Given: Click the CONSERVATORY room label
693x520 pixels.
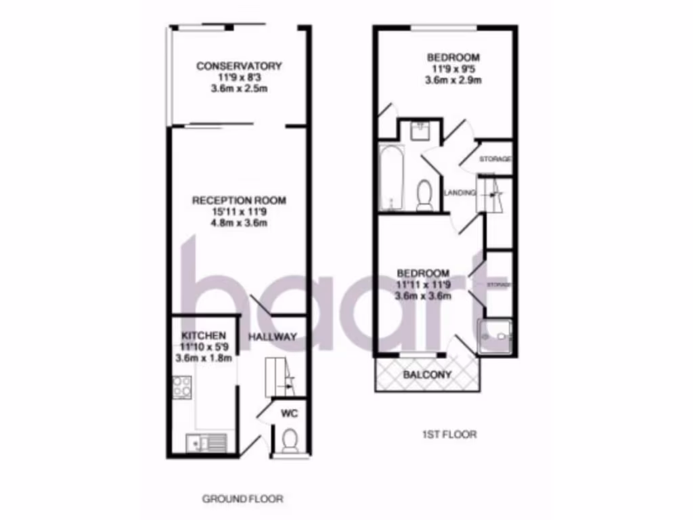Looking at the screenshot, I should coord(239,66).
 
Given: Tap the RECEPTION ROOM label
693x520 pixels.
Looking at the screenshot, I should coord(239,200).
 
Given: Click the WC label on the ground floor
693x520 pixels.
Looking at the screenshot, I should coord(290,412).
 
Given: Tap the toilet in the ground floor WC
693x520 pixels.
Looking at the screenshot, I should coord(290,440).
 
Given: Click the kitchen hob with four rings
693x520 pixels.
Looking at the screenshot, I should coord(182,388).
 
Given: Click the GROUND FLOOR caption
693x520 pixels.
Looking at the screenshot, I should coord(242,499).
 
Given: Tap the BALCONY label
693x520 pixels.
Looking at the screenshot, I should coord(427,374).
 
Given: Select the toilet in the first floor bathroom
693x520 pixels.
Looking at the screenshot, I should coord(425,194).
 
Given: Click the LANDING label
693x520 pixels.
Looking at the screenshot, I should coord(460,193).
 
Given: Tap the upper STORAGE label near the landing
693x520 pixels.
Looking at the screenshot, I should coord(495,159).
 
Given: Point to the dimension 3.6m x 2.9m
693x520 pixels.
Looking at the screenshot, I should coord(453,80).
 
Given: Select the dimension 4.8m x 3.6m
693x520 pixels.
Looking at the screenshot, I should coord(239,223).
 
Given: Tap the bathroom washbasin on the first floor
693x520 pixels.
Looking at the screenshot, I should coord(420,129).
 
